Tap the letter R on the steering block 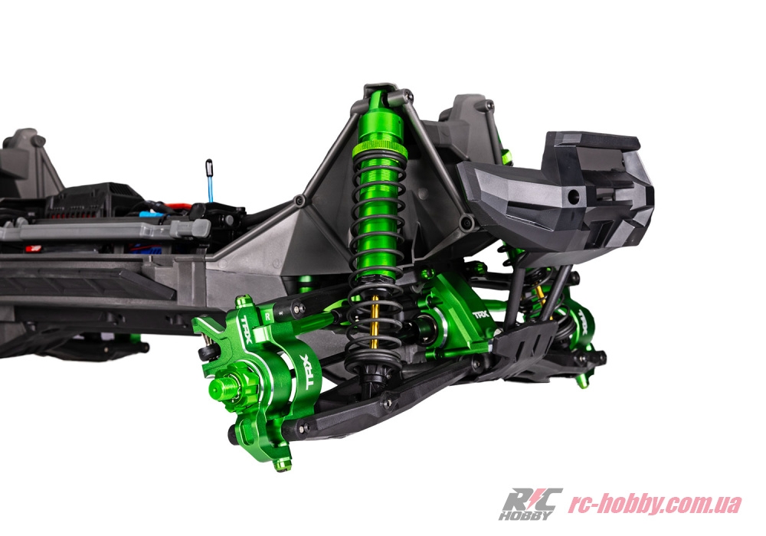(267, 315)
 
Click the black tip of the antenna (208, 167)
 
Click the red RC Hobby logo (530, 504)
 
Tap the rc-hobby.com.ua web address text (654, 505)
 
